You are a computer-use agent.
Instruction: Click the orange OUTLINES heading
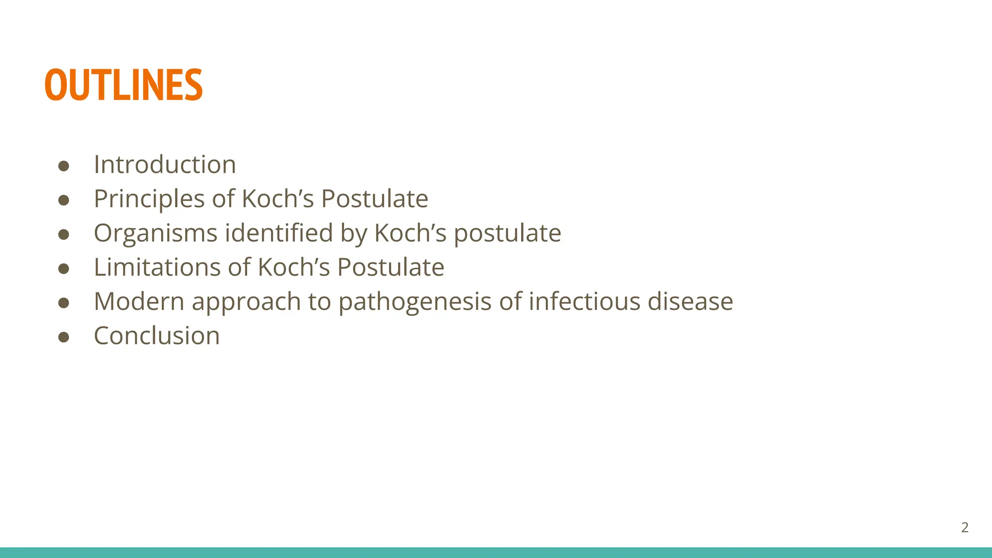coord(124,85)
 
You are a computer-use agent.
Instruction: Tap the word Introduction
coord(165,165)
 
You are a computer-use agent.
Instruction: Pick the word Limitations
coord(157,267)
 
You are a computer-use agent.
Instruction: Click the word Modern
coord(139,301)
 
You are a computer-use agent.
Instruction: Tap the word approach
coord(247,302)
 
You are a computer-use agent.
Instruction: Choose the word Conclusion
coord(156,336)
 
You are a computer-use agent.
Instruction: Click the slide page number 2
coord(964,527)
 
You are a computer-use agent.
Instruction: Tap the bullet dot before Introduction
coord(63,166)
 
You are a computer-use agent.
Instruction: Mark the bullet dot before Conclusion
coord(63,337)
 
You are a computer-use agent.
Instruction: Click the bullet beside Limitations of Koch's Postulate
coord(63,269)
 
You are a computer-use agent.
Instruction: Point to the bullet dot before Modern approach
coord(63,303)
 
